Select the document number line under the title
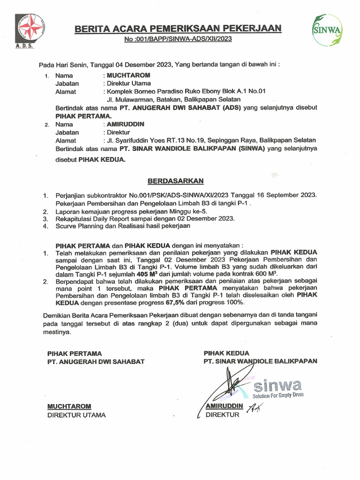click(178, 40)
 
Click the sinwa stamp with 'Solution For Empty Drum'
click(277, 387)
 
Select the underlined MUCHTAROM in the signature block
click(68, 406)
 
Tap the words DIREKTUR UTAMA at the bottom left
click(76, 415)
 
